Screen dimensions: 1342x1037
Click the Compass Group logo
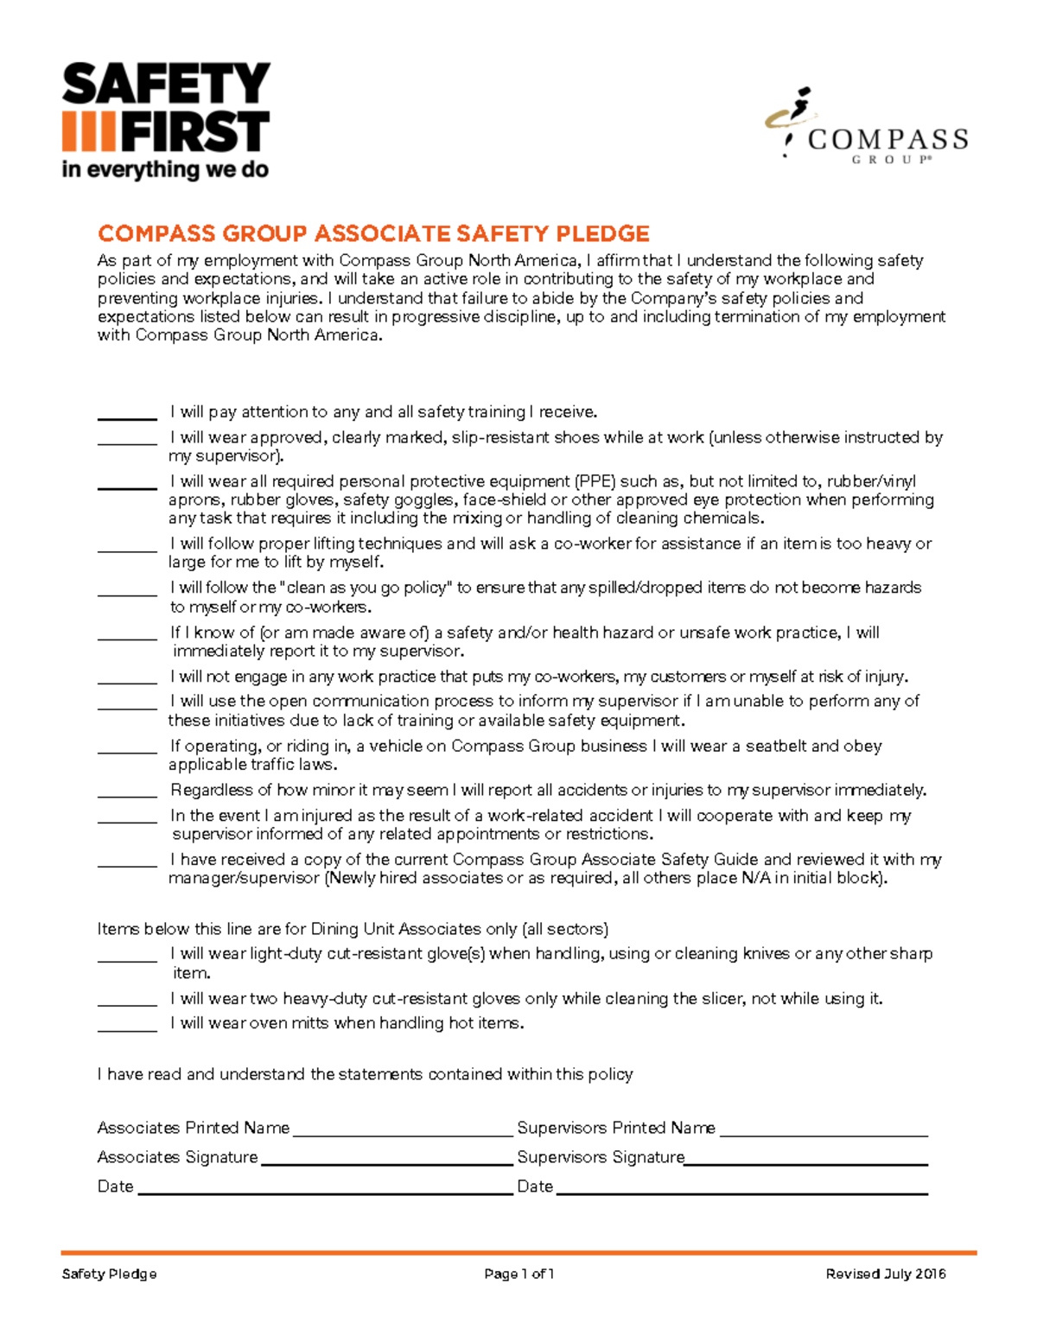866,125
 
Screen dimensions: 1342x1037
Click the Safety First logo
166,120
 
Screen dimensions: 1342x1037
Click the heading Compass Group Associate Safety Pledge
373,234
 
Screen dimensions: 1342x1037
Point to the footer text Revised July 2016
886,1274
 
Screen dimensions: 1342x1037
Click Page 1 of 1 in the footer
518,1274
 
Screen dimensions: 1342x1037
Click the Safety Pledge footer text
109,1274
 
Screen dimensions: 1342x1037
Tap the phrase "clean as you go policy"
366,588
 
